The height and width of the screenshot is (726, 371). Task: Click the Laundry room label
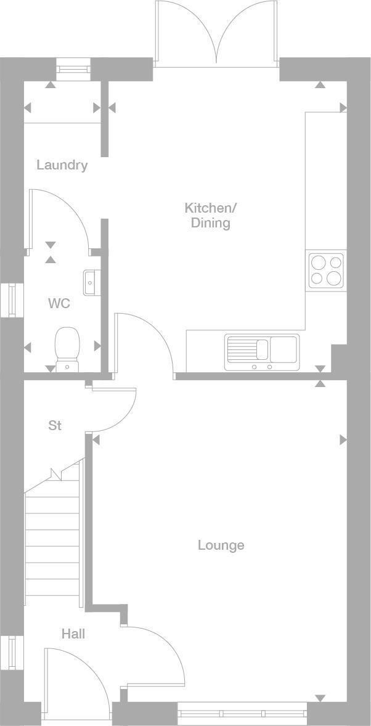coord(62,165)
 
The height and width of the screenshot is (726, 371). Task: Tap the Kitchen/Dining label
coord(210,215)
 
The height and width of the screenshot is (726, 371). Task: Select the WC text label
coord(59,303)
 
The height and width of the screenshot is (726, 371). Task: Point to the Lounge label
coord(221,545)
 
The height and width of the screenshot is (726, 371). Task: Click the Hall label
coord(73,634)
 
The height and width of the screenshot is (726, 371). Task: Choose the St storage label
coord(55,425)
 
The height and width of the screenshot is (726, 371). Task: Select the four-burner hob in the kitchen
coord(326,271)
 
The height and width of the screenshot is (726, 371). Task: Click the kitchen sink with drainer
coord(262,352)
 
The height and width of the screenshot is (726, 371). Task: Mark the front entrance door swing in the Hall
coord(74,675)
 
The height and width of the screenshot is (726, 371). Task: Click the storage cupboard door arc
coord(114,410)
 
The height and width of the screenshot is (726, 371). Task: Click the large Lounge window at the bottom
coord(242,714)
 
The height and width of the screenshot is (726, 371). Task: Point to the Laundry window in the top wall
coord(73,69)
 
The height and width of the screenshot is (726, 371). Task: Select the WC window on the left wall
coord(12,300)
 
